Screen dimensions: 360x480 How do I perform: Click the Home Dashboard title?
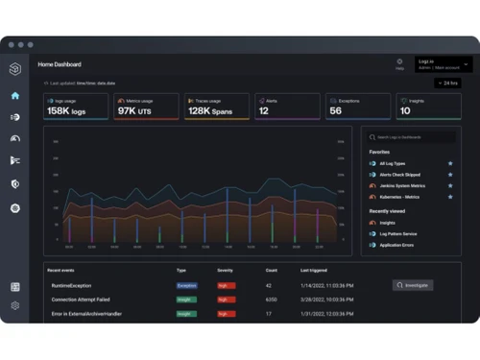pyautogui.click(x=60, y=64)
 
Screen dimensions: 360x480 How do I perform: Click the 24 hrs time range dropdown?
pyautogui.click(x=450, y=84)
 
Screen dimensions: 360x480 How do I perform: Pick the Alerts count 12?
pyautogui.click(x=264, y=111)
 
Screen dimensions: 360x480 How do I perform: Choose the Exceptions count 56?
pyautogui.click(x=336, y=111)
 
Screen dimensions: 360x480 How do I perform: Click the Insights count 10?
pyautogui.click(x=405, y=111)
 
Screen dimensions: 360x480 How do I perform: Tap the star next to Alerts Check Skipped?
pyautogui.click(x=449, y=175)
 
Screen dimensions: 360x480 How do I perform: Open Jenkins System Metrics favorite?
pyautogui.click(x=401, y=185)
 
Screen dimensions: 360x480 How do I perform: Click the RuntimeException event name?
pyautogui.click(x=73, y=285)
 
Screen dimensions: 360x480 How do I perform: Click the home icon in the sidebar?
pyautogui.click(x=14, y=96)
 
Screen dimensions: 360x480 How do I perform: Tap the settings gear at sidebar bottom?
pyautogui.click(x=14, y=305)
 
